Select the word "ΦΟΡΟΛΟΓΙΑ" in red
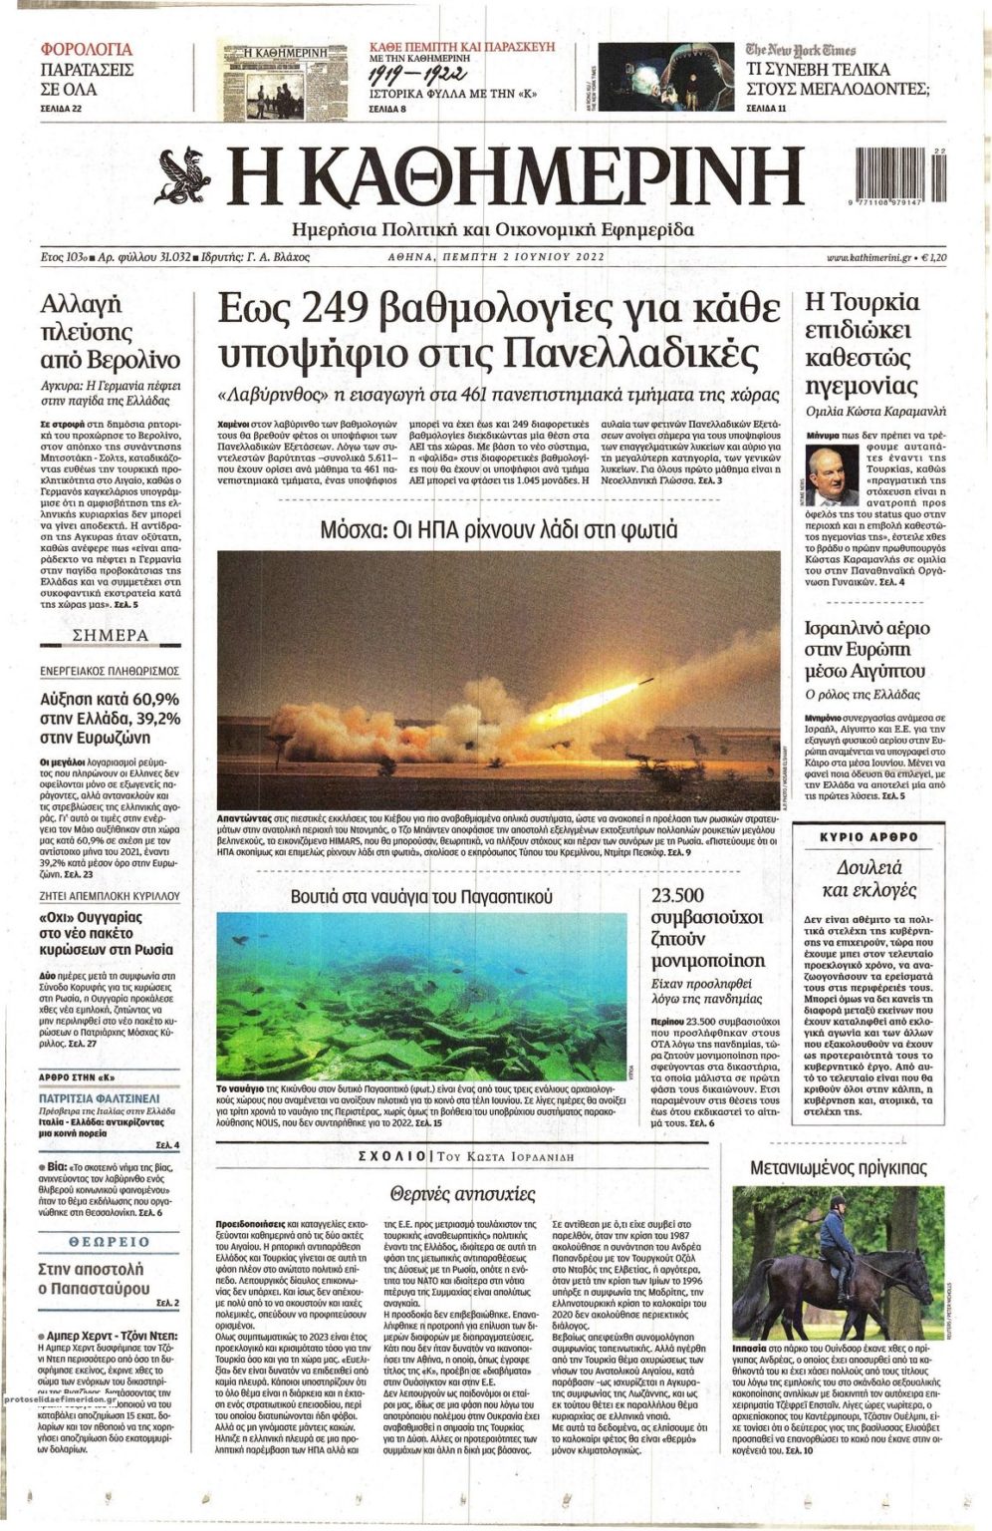87,49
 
